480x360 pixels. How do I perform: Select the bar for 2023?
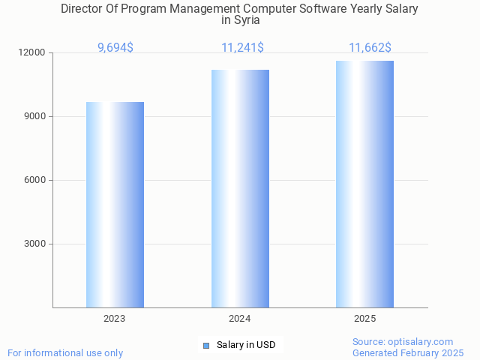(x=115, y=204)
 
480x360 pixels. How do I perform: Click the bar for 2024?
(x=240, y=188)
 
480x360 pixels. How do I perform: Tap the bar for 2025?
(x=364, y=184)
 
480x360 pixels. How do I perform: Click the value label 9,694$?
(x=115, y=48)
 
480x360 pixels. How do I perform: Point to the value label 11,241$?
(x=242, y=48)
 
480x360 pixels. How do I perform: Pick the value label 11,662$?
(x=370, y=48)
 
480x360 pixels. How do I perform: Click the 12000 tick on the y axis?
(x=33, y=53)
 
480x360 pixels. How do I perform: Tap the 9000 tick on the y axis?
(x=35, y=117)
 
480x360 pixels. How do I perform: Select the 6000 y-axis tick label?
(x=35, y=181)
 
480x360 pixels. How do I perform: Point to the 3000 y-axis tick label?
(x=35, y=244)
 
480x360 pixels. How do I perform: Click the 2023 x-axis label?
(x=115, y=319)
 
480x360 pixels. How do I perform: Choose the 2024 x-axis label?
(x=240, y=319)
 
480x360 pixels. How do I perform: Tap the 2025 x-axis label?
(x=365, y=319)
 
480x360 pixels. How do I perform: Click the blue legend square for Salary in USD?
(x=206, y=345)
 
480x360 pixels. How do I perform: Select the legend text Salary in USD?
(x=246, y=345)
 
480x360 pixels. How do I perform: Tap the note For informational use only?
(x=65, y=352)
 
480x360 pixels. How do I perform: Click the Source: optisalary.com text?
(x=403, y=342)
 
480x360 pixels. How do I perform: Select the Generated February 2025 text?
(x=408, y=352)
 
